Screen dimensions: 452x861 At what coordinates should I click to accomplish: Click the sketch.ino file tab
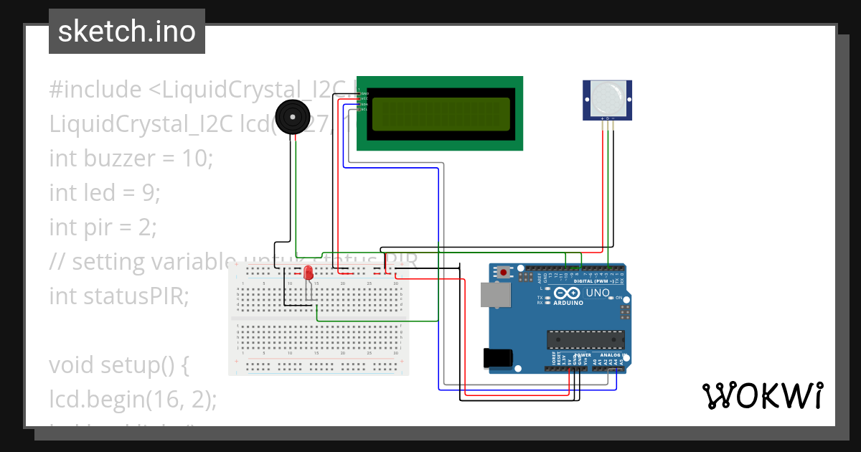click(127, 32)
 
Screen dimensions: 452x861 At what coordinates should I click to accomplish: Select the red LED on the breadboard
click(309, 273)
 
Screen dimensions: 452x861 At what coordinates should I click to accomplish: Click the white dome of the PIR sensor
click(607, 95)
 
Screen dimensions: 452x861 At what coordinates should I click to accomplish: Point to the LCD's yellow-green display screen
click(441, 113)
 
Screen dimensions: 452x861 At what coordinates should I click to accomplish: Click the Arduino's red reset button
click(505, 272)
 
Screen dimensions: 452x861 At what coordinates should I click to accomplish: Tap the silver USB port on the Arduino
click(493, 295)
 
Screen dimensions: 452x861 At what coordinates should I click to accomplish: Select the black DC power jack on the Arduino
click(498, 358)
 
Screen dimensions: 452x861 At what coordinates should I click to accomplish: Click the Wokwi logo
click(762, 395)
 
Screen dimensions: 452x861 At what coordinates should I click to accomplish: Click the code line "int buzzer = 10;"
click(131, 159)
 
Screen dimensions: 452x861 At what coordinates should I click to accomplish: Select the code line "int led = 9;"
click(105, 193)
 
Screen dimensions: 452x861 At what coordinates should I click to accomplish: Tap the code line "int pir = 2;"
click(103, 227)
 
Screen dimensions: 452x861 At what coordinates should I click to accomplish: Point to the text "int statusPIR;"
click(118, 296)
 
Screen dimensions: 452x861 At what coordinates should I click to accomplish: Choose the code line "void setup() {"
click(118, 365)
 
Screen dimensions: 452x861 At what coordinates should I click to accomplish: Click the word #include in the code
click(95, 90)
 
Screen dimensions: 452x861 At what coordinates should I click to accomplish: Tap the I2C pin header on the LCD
click(362, 99)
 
